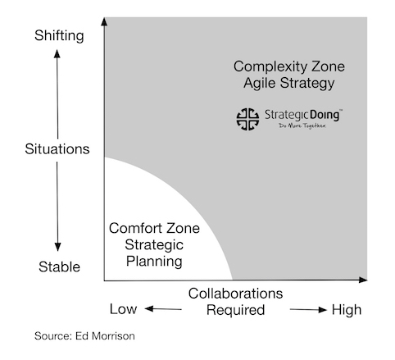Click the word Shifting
59,36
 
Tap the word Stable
59,267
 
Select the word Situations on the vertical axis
57,149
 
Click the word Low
123,309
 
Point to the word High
347,310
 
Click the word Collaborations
235,294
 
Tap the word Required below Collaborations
235,310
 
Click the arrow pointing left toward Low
163,309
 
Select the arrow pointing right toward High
308,310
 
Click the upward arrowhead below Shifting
57,53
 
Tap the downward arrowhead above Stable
57,247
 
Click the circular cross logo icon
247,119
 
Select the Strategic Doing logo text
303,115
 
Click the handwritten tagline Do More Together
302,125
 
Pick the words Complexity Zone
289,66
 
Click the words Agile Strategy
289,83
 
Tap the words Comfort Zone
154,228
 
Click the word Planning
154,262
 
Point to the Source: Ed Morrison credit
84,336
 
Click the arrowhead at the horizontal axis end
363,280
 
